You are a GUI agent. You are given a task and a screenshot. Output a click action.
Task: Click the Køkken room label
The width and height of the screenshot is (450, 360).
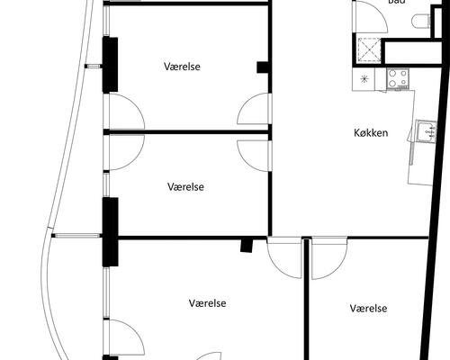point(371,133)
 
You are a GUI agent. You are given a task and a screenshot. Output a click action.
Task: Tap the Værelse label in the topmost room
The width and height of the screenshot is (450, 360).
point(182,67)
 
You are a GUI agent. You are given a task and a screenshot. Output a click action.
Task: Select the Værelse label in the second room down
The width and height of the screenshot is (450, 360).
point(186,187)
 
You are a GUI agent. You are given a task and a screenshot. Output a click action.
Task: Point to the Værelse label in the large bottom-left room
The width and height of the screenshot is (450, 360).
point(207,303)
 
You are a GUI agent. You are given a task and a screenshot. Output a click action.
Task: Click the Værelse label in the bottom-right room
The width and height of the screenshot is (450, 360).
point(368,309)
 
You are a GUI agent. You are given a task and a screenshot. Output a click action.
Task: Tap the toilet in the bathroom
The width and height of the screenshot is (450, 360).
point(421,22)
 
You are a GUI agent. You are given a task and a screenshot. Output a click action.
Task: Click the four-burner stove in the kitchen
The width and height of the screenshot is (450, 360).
point(397,78)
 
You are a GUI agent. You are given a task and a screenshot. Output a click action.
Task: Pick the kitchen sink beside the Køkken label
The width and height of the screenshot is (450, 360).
point(426,134)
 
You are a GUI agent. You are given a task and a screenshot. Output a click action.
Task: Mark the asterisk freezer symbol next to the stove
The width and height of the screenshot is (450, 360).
point(364,79)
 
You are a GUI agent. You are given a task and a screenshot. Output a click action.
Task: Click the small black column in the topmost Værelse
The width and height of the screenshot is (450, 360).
point(263,67)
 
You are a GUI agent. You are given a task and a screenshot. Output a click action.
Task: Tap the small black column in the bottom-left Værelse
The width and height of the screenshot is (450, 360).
point(246,245)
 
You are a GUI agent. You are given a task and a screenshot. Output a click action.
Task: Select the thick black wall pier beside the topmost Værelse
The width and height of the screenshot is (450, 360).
point(111,64)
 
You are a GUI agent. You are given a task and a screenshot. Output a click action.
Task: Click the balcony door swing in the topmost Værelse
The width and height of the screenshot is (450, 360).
point(124,112)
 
